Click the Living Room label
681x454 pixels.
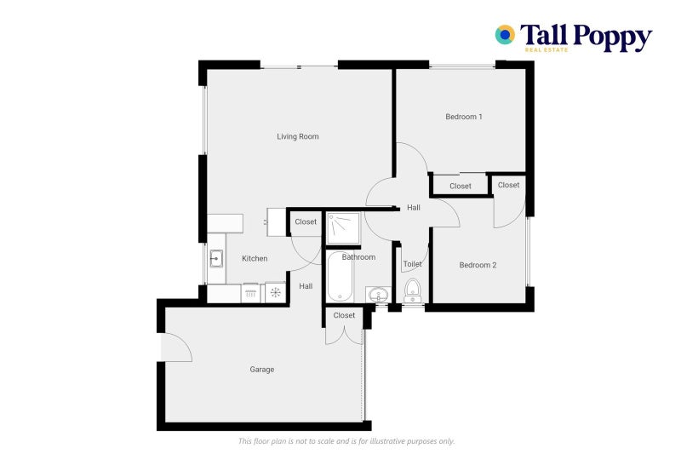click(x=298, y=136)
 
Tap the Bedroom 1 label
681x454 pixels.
click(x=464, y=117)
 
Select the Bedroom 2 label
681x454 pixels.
click(x=478, y=265)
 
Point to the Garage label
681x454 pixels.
click(x=261, y=370)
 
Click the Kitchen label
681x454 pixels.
click(x=255, y=258)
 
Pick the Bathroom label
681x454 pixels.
click(x=358, y=256)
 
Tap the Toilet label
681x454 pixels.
click(x=413, y=264)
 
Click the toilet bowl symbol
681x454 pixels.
click(x=413, y=290)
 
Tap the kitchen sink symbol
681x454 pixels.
click(x=216, y=256)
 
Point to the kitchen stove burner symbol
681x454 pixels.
click(x=275, y=293)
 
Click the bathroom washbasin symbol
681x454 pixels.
click(x=379, y=295)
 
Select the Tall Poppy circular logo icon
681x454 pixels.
click(x=505, y=35)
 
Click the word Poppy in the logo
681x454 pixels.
click(x=611, y=36)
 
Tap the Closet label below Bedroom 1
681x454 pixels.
click(x=461, y=186)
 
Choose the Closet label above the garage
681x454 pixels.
click(x=344, y=315)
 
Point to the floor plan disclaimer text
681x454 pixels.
click(x=346, y=441)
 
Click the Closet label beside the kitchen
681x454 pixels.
click(x=306, y=221)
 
